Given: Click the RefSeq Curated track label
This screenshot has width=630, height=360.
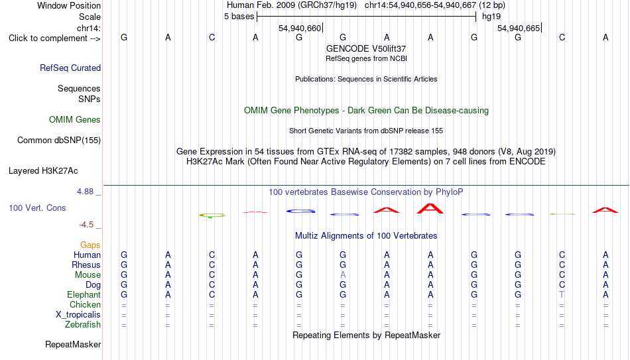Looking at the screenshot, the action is click(70, 68).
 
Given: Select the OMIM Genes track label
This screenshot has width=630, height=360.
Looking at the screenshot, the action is click(75, 120).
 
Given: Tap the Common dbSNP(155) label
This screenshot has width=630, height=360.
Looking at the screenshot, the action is click(59, 141).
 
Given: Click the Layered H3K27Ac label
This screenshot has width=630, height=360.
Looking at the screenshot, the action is click(43, 171).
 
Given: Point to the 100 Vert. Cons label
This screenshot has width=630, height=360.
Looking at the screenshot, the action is click(37, 208).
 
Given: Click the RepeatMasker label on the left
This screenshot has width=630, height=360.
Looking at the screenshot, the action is click(73, 344).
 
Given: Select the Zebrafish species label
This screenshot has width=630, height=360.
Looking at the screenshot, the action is click(83, 324).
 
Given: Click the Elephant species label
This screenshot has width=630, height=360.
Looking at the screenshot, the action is click(84, 294).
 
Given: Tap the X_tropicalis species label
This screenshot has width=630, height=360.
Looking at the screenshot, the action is click(78, 315).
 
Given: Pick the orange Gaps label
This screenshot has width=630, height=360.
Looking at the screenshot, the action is click(90, 245).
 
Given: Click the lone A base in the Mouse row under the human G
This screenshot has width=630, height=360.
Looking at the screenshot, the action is click(343, 275).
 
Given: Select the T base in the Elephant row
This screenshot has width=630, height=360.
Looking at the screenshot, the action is click(562, 294).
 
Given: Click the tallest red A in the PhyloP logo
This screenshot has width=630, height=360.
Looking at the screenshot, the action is click(430, 209).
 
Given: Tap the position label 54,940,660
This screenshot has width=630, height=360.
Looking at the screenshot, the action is click(300, 28).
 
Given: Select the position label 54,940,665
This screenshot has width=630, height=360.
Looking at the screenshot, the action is click(519, 28).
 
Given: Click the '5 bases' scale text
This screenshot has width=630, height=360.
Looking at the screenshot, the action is click(239, 17).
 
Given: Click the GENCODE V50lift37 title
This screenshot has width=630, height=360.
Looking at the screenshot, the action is click(366, 48).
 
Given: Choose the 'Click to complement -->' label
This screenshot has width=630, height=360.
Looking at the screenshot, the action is click(54, 38).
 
